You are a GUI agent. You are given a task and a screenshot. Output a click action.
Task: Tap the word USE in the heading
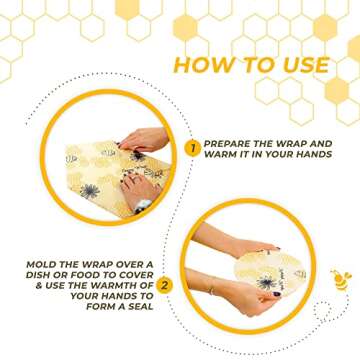[x=306, y=65]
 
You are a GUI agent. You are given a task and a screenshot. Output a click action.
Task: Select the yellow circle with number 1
[x=193, y=148]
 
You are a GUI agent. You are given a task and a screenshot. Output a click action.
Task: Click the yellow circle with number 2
[x=164, y=286]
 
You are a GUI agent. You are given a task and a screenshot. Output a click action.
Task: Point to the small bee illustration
[x=341, y=279]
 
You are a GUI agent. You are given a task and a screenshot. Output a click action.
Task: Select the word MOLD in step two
[x=40, y=265]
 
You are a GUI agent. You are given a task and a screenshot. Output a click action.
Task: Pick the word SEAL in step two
[x=140, y=307]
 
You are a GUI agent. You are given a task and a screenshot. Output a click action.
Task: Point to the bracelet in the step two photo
[x=212, y=290]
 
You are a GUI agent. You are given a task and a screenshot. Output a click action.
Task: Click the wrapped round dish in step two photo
[x=270, y=273]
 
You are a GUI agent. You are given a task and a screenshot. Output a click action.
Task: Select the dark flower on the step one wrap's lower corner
[x=89, y=191]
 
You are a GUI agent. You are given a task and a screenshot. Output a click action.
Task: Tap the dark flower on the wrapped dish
[x=267, y=283]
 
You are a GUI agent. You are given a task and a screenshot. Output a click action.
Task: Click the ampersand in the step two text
[x=39, y=286]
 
